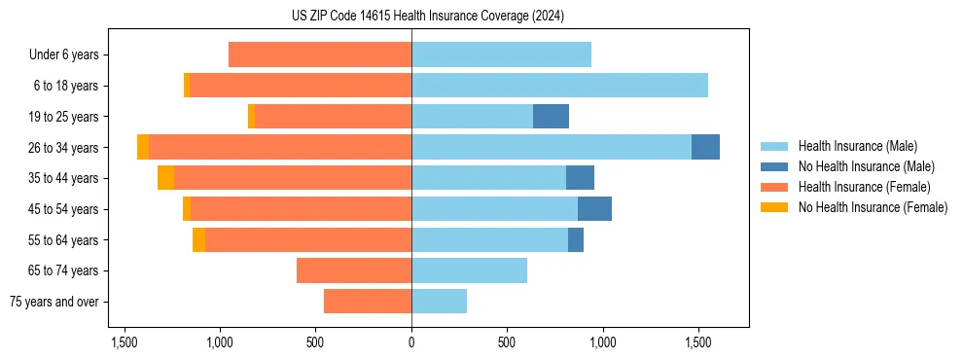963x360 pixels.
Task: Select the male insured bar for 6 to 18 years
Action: pyautogui.click(x=559, y=86)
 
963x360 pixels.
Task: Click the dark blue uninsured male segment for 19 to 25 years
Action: pyautogui.click(x=551, y=117)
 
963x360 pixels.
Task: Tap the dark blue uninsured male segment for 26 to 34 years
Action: pyautogui.click(x=705, y=147)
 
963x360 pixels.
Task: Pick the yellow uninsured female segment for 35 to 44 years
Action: pyautogui.click(x=165, y=178)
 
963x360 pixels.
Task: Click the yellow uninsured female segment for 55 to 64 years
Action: pyautogui.click(x=198, y=239)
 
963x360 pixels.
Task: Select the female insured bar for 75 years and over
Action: pyautogui.click(x=368, y=302)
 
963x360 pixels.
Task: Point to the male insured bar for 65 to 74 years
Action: pyautogui.click(x=469, y=270)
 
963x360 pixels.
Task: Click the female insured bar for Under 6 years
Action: pyautogui.click(x=320, y=54)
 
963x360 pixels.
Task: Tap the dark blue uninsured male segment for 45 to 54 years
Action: pyautogui.click(x=594, y=209)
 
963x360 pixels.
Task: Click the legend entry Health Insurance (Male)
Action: pyautogui.click(x=852, y=146)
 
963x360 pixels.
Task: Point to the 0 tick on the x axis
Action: pyautogui.click(x=411, y=342)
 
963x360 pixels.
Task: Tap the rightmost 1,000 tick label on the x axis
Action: pyautogui.click(x=603, y=342)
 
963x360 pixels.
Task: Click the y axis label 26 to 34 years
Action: pyautogui.click(x=66, y=148)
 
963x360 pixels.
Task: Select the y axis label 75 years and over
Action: pyautogui.click(x=54, y=302)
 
